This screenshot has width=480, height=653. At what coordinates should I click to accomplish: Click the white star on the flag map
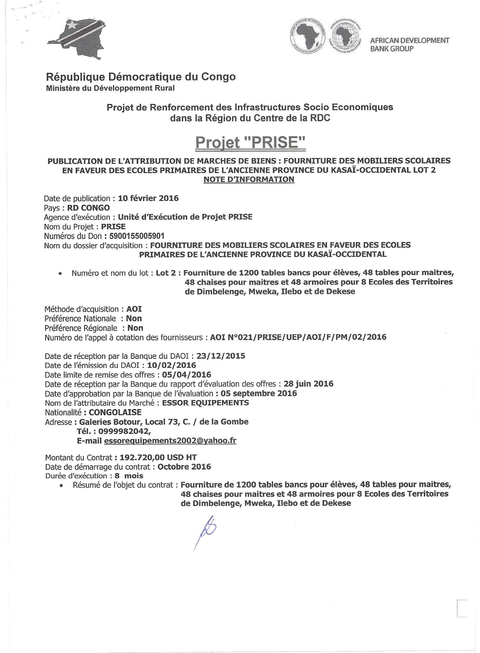click(x=71, y=25)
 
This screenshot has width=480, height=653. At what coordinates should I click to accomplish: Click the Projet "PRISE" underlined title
click(x=250, y=143)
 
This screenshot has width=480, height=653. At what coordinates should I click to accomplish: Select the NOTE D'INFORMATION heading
click(x=249, y=180)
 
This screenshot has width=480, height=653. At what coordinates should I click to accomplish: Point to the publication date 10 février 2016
click(x=148, y=198)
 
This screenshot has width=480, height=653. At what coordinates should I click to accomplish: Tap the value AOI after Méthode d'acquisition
click(x=134, y=309)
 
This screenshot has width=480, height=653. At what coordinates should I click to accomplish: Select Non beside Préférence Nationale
click(x=134, y=318)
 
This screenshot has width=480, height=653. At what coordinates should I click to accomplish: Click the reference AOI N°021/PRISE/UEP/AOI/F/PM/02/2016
click(x=298, y=337)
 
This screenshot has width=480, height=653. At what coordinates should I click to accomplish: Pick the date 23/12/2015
click(x=221, y=356)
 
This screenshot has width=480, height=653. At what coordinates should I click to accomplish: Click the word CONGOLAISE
click(x=115, y=412)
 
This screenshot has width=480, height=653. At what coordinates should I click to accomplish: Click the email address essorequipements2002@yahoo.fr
click(x=170, y=441)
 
